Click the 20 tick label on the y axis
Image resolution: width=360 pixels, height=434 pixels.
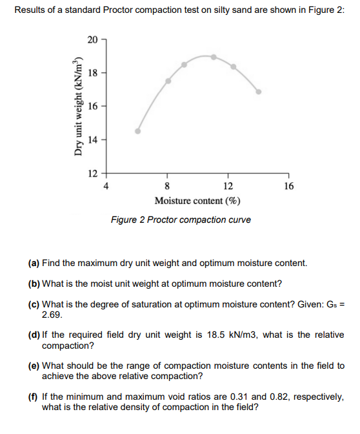tap(93, 40)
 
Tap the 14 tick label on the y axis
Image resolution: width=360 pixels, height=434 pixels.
tap(93, 139)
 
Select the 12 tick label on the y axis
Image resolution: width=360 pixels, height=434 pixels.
tap(93, 172)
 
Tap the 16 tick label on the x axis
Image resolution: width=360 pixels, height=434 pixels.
tap(288, 187)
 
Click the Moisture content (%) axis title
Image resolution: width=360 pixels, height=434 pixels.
tap(197, 201)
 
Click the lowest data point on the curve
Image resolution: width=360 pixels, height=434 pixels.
tap(137, 130)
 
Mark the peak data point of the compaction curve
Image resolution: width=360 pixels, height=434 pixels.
tap(214, 56)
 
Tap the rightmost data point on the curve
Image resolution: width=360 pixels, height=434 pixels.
tap(259, 92)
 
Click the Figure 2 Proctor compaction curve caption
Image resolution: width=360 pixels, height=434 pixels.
tap(181, 220)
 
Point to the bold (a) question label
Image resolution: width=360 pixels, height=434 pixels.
tap(34, 263)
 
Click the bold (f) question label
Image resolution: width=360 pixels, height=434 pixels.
tap(34, 396)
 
